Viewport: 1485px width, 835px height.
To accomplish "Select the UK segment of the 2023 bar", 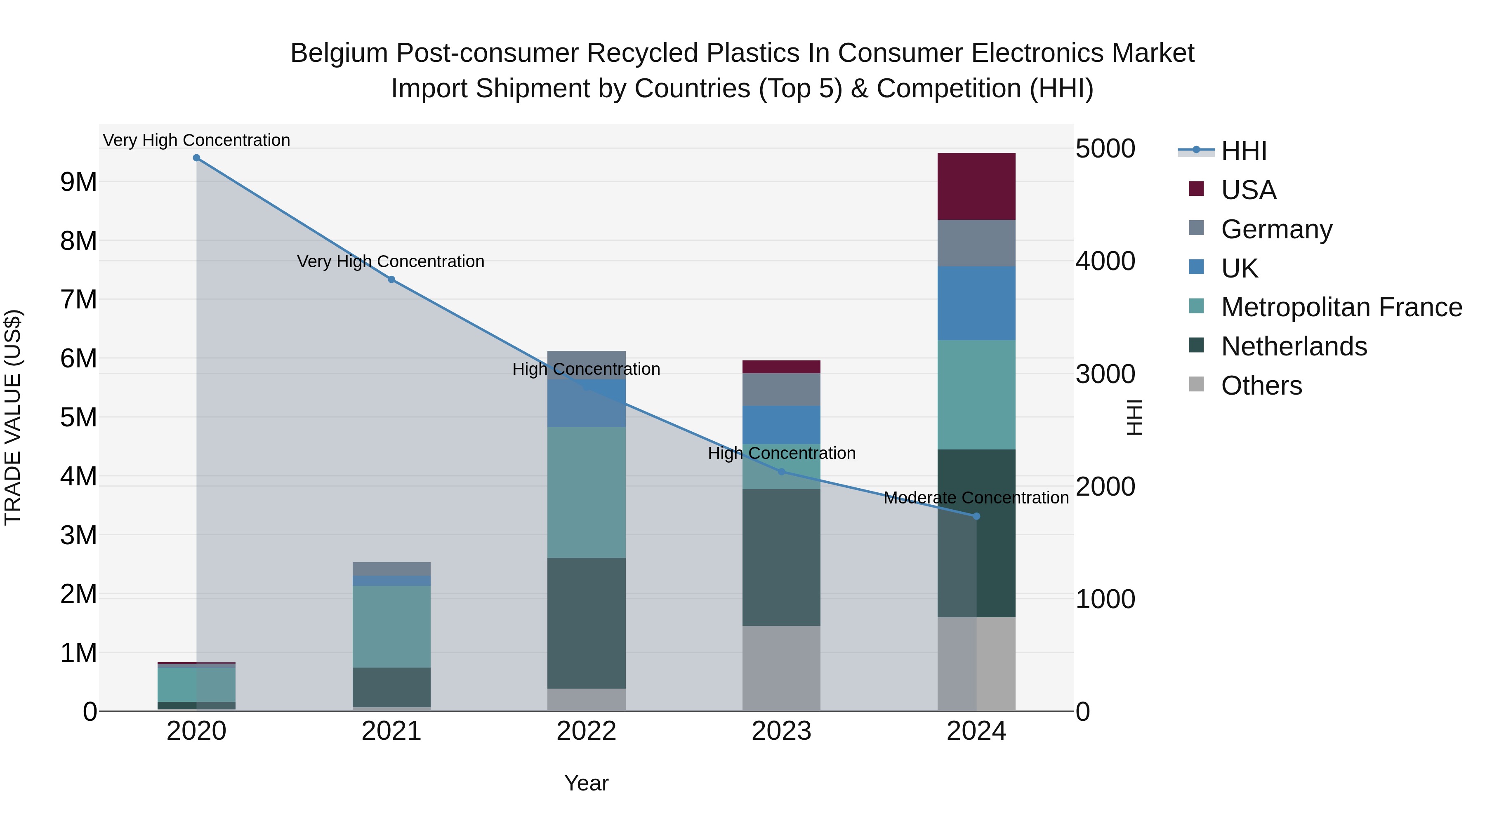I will [781, 425].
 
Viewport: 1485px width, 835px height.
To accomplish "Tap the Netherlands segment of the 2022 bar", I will [586, 623].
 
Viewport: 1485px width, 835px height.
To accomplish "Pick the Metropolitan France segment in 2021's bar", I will [391, 626].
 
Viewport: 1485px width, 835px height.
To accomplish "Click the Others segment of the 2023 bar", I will [781, 668].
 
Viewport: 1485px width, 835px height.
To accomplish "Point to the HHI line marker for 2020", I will [197, 158].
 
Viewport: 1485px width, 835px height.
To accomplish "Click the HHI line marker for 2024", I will [976, 516].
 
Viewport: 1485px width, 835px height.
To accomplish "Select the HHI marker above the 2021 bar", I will [391, 280].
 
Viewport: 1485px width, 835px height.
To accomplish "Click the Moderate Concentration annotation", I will [976, 498].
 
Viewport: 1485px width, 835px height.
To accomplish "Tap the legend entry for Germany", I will [1276, 229].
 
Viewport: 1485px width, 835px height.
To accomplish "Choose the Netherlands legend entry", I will [1294, 347].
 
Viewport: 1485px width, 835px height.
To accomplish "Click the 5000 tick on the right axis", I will [1105, 149].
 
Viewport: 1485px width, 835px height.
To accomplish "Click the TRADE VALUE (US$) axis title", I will [13, 417].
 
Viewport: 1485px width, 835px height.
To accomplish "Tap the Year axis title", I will [586, 783].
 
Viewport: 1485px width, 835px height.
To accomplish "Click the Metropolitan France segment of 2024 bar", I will [976, 395].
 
